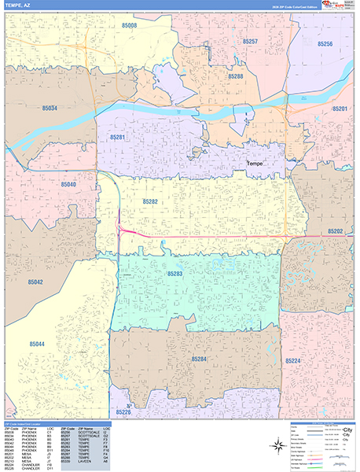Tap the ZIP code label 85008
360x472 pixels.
[x=129, y=25]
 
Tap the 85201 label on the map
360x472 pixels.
[x=340, y=109]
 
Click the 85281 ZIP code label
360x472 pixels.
[x=118, y=137]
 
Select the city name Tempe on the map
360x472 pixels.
[x=256, y=163]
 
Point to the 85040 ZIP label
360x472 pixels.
[x=68, y=183]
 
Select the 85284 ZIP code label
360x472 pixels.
[x=200, y=359]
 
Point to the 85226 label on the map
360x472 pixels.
[x=123, y=411]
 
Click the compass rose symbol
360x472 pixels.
[x=277, y=446]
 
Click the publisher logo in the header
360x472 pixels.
[x=339, y=6]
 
